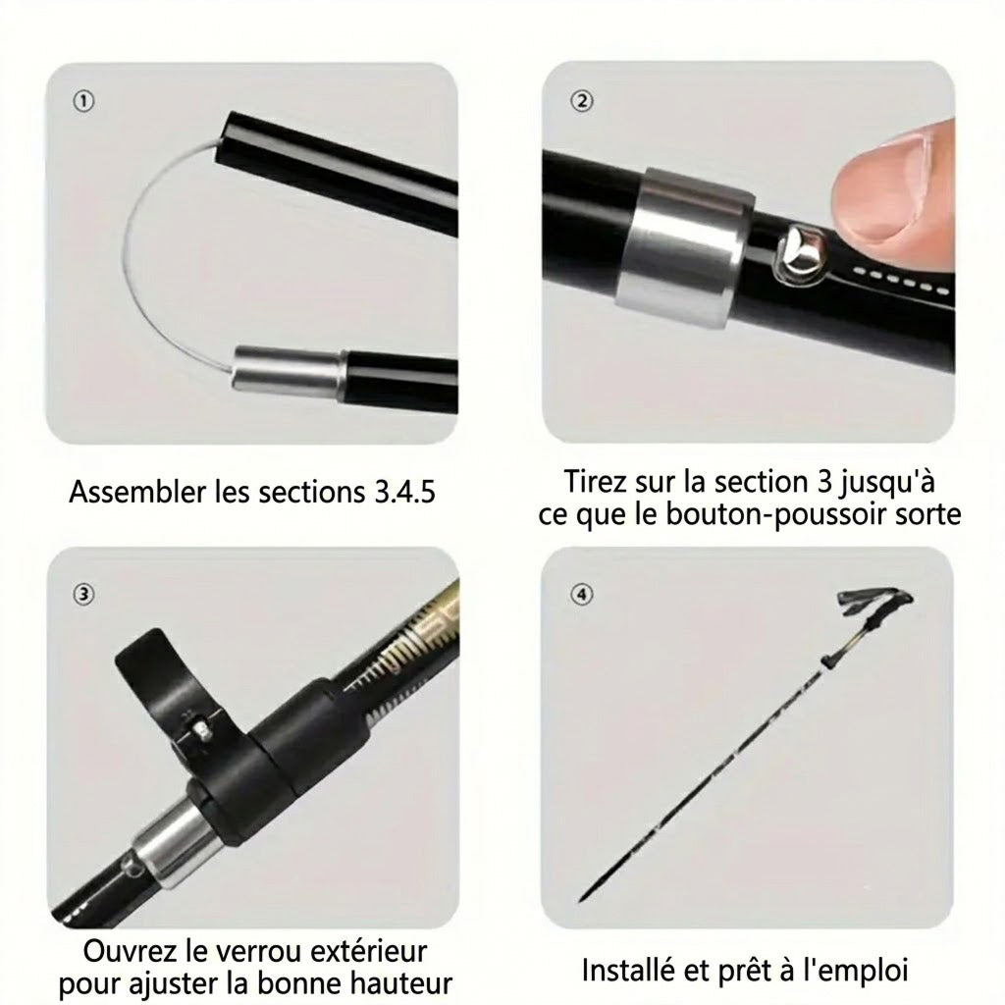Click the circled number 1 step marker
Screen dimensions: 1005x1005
pos(83,101)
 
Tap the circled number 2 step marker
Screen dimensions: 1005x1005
pos(582,101)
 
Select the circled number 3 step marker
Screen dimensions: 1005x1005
pos(83,595)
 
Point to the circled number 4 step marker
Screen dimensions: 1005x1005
pos(582,595)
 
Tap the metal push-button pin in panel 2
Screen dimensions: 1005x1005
pos(800,254)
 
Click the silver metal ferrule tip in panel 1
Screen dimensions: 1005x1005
pos(288,369)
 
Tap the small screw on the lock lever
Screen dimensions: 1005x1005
pos(202,730)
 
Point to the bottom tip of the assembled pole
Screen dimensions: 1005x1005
pos(581,899)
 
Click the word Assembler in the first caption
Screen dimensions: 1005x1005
pos(137,493)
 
